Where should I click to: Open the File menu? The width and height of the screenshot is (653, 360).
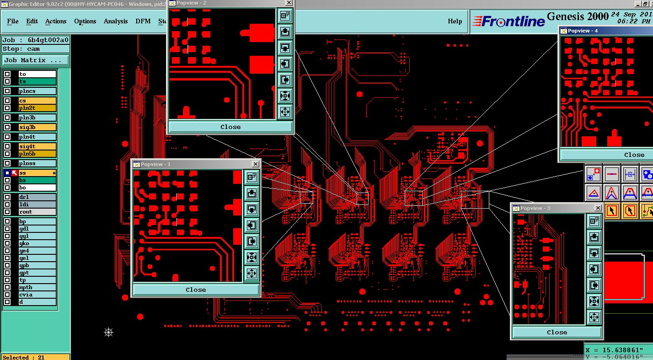point(13,21)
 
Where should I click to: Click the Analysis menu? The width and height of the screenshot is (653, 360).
point(116,21)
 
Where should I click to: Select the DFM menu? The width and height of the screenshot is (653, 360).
point(143,21)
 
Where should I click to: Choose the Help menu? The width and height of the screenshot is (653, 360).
point(455,21)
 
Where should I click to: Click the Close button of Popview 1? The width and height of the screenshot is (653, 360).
point(196,290)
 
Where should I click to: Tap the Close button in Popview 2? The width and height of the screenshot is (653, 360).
point(230,127)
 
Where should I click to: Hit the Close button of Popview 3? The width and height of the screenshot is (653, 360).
point(557,332)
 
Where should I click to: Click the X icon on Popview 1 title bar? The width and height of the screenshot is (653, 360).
point(256,164)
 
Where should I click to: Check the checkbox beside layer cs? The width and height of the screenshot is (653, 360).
point(7,101)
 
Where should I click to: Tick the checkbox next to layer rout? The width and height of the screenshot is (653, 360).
point(7,212)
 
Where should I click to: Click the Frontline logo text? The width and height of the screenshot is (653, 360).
point(508,21)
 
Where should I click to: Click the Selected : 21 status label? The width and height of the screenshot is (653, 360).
point(24,357)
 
